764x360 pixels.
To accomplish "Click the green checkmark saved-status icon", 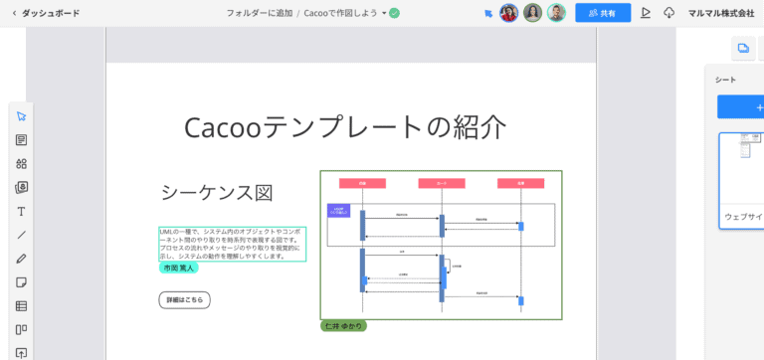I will tap(394, 13).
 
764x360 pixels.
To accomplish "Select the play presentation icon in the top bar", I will tap(646, 13).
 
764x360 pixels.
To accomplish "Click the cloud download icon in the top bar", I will tap(668, 13).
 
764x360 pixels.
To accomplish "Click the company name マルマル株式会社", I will tap(721, 13).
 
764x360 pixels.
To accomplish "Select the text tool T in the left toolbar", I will tap(21, 212).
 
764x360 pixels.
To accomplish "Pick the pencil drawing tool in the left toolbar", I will tap(21, 259).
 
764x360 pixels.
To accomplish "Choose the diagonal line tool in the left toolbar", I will tap(21, 236).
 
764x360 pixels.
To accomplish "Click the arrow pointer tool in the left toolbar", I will tap(21, 116).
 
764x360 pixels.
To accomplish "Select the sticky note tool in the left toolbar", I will tap(21, 282).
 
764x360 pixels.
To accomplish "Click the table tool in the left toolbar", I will tap(21, 306).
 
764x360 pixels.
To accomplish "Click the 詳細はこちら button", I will tap(184, 299).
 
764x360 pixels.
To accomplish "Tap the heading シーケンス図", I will tap(216, 193).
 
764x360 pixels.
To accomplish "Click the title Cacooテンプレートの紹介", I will tap(345, 127).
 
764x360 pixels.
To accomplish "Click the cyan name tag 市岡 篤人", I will tap(179, 268).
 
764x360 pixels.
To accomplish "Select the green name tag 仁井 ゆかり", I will tap(343, 326).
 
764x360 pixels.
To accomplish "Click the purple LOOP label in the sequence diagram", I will tap(338, 211).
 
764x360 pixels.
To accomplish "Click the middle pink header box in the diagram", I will tap(441, 183).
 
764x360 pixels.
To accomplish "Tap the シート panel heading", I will tap(725, 80).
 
